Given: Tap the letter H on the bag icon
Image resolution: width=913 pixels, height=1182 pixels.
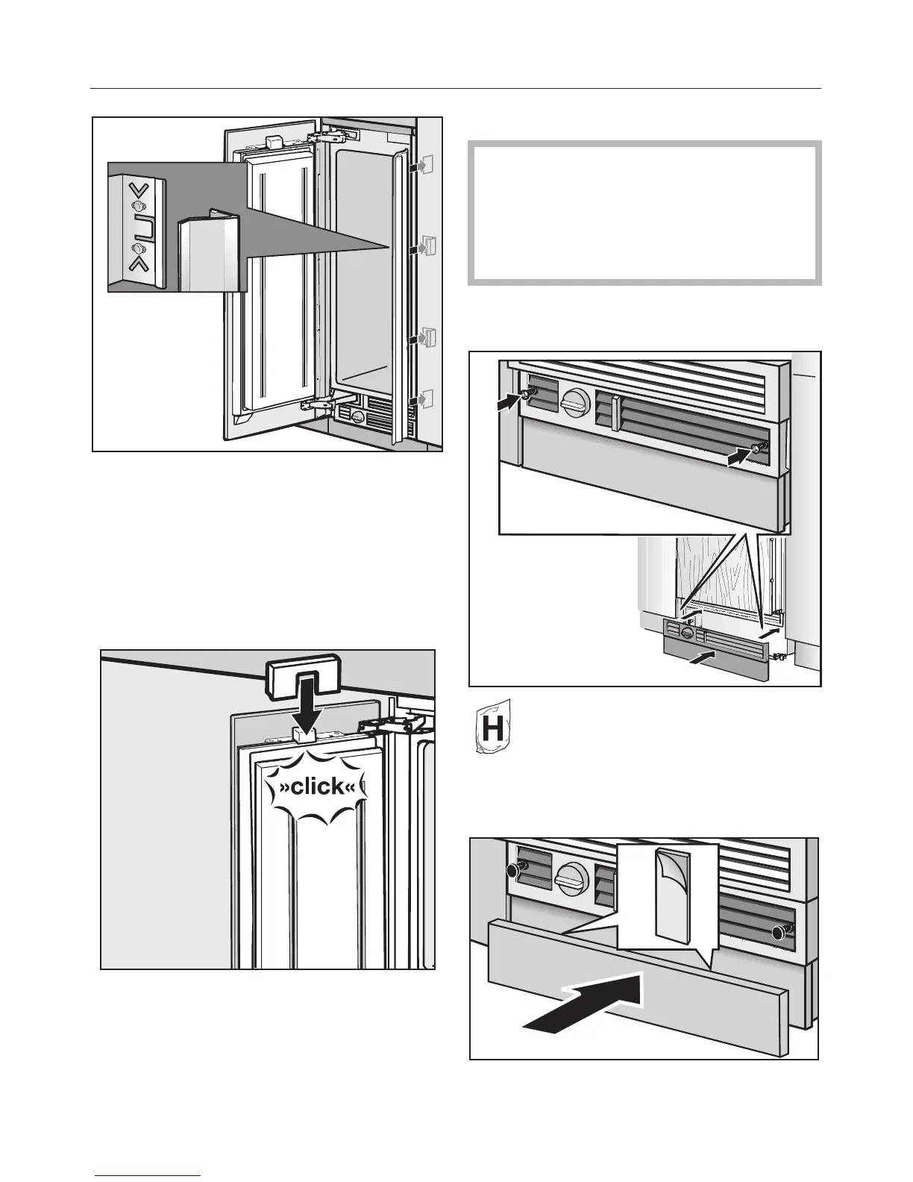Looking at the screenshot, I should pos(492,729).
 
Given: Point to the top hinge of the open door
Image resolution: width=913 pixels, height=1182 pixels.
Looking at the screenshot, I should pos(331,137).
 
